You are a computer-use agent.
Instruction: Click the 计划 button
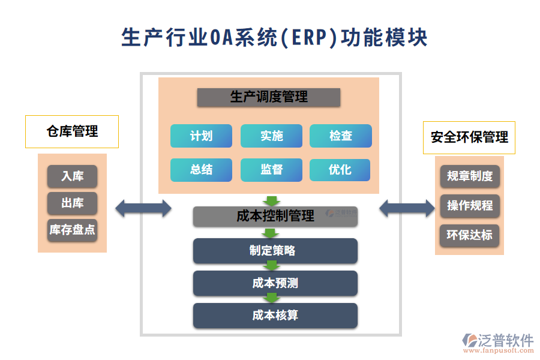(201, 136)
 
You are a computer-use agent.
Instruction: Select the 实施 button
(271, 136)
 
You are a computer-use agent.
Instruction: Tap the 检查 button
(340, 136)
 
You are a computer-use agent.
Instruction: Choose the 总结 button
(201, 170)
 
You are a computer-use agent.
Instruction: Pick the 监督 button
(271, 170)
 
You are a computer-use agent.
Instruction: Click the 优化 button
(340, 170)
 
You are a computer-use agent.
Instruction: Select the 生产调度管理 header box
(269, 97)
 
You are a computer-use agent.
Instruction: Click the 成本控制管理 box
(275, 217)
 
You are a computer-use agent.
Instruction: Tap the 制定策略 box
(275, 251)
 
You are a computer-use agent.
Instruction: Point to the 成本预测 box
(275, 283)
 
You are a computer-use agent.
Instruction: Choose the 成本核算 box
(275, 316)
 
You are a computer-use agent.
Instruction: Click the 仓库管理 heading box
(72, 131)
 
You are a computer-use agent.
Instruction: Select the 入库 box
(72, 176)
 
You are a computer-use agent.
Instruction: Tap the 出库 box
(72, 203)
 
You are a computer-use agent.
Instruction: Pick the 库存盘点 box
(72, 230)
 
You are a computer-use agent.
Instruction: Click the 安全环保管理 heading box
(469, 137)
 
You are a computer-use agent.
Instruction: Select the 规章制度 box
(470, 176)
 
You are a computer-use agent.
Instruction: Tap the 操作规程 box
(470, 206)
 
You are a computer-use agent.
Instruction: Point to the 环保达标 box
(470, 235)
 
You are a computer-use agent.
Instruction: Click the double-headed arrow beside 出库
(143, 208)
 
